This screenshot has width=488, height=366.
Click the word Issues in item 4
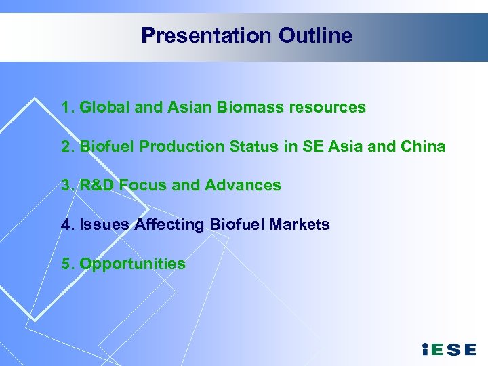104,224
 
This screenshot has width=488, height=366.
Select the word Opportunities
133,264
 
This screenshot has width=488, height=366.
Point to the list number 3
65,185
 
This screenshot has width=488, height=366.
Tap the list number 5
65,264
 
